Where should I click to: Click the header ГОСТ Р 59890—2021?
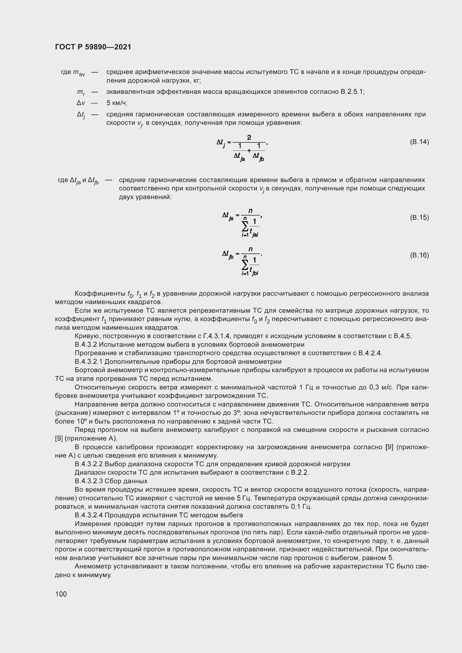click(93, 47)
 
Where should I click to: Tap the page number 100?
click(61, 594)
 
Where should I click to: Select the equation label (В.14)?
click(419, 142)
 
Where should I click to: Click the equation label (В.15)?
click(419, 217)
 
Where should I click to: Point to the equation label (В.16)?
click(419, 255)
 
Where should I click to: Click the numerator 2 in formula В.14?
click(249, 138)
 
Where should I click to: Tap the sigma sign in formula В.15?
click(245, 226)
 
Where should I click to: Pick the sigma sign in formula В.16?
click(245, 264)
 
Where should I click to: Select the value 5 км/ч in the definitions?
click(117, 103)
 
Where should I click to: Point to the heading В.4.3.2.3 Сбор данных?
click(111, 481)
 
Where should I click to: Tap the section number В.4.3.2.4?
click(89, 515)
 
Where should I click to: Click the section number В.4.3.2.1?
click(89, 362)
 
